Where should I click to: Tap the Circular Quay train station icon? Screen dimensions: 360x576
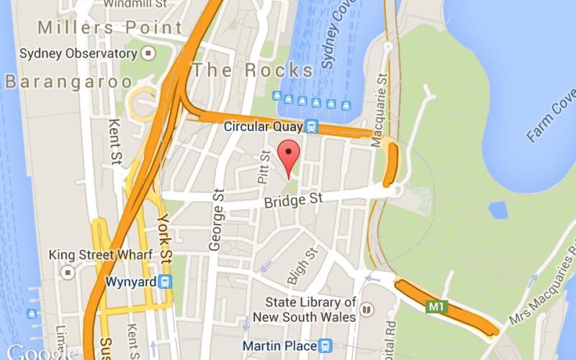312,127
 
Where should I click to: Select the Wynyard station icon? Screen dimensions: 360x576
166,282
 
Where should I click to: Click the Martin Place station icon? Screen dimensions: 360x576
325,346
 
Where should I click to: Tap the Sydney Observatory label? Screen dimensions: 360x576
79,53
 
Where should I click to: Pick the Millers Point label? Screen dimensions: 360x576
110,28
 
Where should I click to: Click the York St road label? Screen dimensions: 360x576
165,238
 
